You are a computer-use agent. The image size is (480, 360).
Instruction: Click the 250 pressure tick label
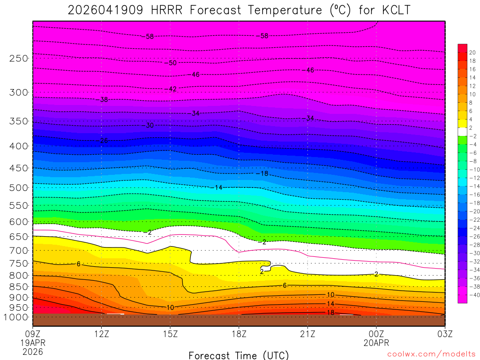tap(19, 59)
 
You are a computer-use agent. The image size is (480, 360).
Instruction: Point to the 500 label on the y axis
tap(19, 188)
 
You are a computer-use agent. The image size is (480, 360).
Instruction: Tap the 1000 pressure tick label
tap(16, 317)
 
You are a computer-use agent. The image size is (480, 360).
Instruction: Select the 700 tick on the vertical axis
tap(19, 250)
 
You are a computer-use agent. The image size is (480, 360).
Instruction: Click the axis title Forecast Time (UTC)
tap(239, 355)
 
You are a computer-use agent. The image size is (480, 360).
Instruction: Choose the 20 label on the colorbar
tap(472, 52)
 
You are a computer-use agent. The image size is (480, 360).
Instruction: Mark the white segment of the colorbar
tap(462, 132)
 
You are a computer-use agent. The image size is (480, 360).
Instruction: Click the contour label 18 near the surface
tap(330, 312)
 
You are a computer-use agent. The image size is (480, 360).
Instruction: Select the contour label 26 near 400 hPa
tap(103, 141)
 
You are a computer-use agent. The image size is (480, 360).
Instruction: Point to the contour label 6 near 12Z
tap(79, 264)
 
